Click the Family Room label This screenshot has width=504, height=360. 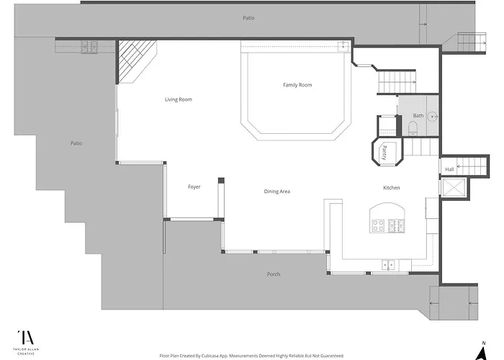click(297, 85)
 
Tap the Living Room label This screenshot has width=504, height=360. click(179, 99)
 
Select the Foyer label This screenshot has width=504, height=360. click(194, 186)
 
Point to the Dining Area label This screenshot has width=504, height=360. click(277, 192)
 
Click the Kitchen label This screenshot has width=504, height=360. click(392, 188)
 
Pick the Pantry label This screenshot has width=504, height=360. click(384, 153)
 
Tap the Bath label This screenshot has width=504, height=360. click(418, 116)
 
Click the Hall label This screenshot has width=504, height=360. click(449, 169)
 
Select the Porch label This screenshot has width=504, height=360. click(274, 274)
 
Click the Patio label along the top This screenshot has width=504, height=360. click(248, 18)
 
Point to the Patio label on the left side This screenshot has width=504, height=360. click(76, 143)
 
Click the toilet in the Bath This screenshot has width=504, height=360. click(412, 128)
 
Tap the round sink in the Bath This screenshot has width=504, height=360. click(433, 117)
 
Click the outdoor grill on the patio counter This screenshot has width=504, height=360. click(89, 47)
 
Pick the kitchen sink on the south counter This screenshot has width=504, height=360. click(389, 265)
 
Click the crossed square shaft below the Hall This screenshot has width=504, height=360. click(454, 187)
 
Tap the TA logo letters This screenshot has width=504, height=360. click(26, 338)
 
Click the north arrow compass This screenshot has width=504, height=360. click(481, 351)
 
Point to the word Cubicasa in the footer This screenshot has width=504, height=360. click(210, 356)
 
